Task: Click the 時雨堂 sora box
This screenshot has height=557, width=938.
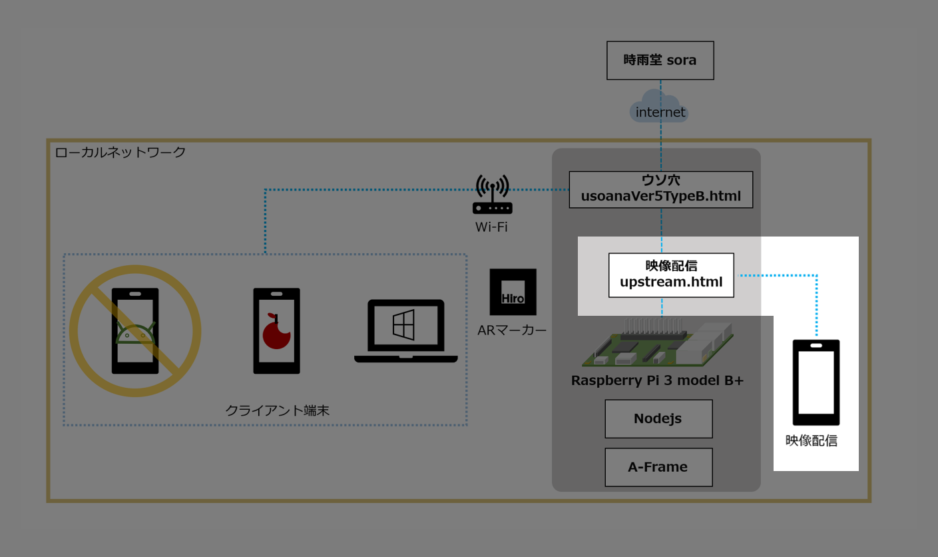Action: click(660, 61)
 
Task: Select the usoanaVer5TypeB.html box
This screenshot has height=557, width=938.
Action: click(660, 189)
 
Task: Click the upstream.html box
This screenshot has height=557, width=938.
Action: click(671, 275)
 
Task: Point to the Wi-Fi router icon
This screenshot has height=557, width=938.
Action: click(492, 195)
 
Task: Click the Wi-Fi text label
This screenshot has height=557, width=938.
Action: click(491, 227)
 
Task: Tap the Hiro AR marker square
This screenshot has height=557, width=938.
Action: click(513, 292)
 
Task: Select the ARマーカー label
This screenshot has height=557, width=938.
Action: click(512, 329)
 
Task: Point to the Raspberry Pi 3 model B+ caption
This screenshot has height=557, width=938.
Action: click(657, 380)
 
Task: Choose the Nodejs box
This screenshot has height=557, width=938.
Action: click(658, 418)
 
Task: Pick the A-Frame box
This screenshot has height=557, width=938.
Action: click(658, 467)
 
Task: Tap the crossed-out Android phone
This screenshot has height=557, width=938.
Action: click(135, 330)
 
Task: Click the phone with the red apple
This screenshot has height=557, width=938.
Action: click(276, 330)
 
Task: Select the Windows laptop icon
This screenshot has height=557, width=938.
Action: click(405, 330)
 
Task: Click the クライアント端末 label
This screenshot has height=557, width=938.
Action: click(277, 410)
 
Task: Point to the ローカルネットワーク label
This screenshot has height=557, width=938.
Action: click(120, 153)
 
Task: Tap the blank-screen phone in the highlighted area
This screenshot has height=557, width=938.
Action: click(816, 382)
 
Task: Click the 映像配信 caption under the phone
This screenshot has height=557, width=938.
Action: click(811, 440)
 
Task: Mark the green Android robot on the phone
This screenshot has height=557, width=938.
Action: click(135, 332)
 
